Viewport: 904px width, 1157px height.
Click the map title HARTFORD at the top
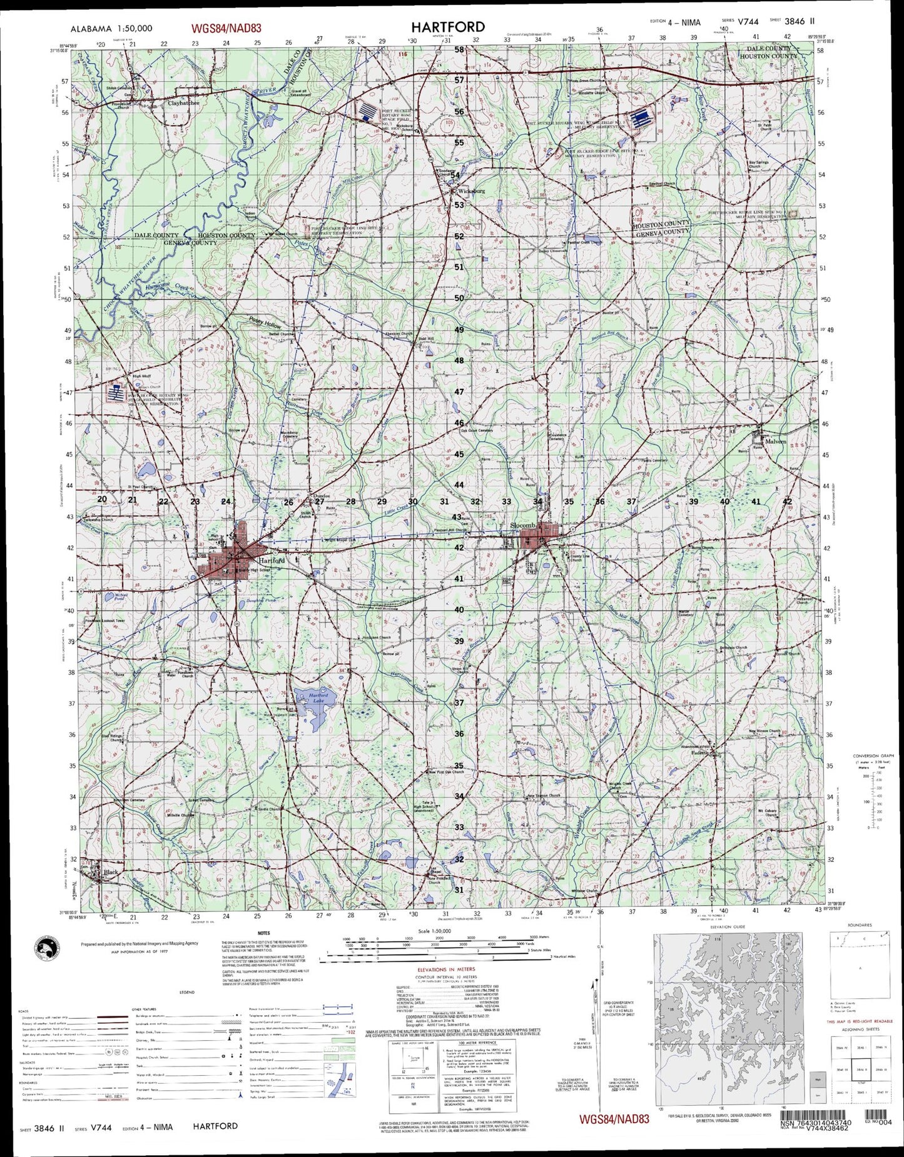pyautogui.click(x=447, y=27)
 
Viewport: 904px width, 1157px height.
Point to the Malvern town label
pyautogui.click(x=776, y=441)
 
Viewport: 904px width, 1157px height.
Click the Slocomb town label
pyautogui.click(x=522, y=526)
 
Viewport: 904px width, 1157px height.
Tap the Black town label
pyautogui.click(x=111, y=872)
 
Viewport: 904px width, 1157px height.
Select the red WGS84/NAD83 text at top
pyautogui.click(x=226, y=28)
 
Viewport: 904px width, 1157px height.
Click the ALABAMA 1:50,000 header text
pyautogui.click(x=111, y=29)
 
